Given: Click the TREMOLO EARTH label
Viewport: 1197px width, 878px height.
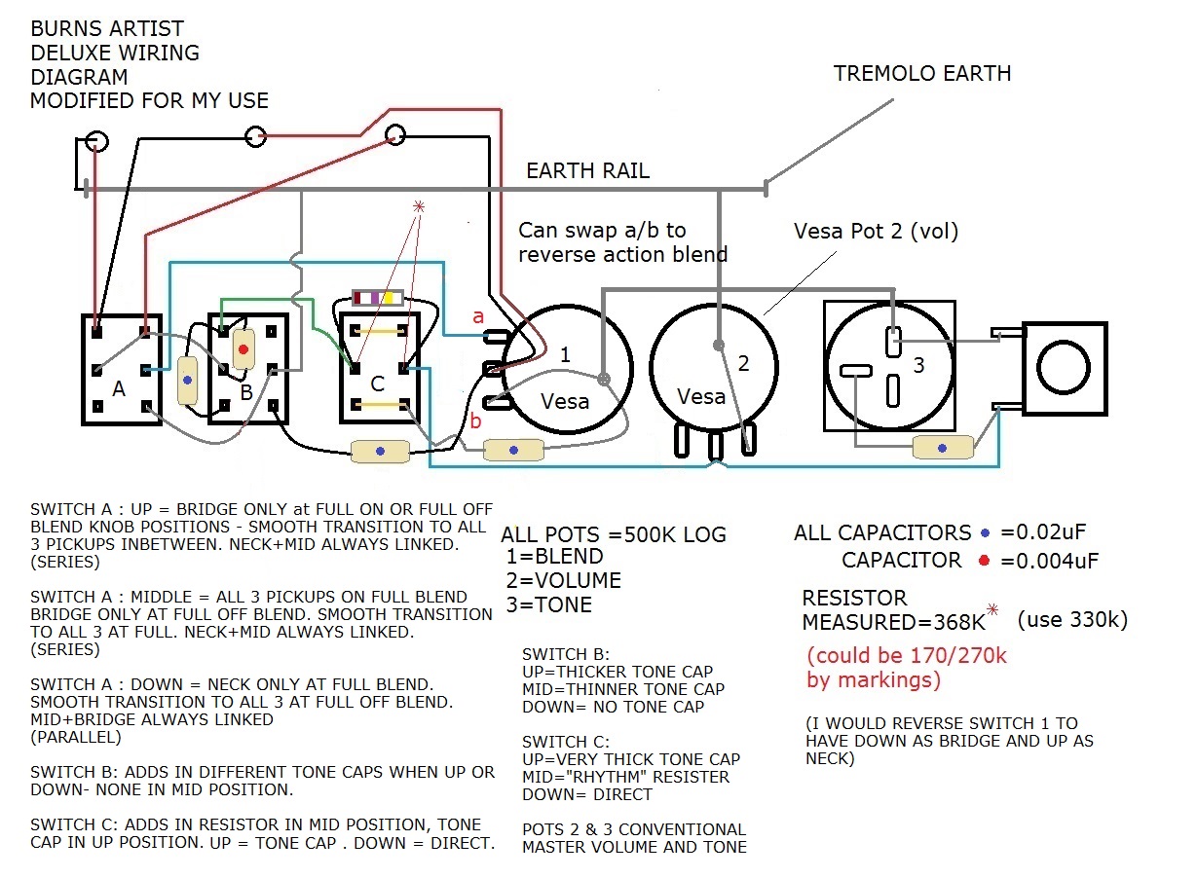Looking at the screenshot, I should tap(922, 73).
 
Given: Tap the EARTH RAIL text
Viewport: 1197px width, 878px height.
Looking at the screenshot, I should tap(587, 171).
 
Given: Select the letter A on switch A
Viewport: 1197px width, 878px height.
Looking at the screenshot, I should tap(118, 388).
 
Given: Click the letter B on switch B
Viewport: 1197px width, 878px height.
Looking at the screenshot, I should tap(245, 392).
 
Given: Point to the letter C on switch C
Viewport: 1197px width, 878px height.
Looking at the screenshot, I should tap(378, 384).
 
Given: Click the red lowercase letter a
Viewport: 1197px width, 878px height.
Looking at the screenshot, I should tap(477, 316).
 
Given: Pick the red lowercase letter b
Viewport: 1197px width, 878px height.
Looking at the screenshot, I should tap(476, 421).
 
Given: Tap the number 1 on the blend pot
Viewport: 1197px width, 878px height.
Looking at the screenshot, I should tap(565, 355).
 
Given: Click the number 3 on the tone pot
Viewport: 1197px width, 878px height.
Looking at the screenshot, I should tap(917, 366).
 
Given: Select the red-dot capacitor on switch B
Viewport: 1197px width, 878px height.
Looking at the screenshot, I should tap(243, 348).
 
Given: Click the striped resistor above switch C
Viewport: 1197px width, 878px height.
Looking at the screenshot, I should tap(377, 297).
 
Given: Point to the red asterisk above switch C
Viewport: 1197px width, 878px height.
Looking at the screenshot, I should tap(420, 206).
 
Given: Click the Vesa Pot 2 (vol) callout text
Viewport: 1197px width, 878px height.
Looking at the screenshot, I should tap(876, 232).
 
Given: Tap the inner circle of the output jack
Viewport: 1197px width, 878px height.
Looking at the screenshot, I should tap(1065, 369).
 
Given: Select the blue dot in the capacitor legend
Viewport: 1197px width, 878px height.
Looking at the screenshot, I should tap(984, 532).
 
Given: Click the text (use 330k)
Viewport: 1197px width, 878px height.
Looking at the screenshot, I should tap(1071, 620).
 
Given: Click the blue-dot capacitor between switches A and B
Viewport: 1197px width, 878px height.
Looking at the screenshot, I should tap(187, 380).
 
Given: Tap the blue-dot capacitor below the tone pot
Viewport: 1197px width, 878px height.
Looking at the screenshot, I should tap(942, 447).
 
